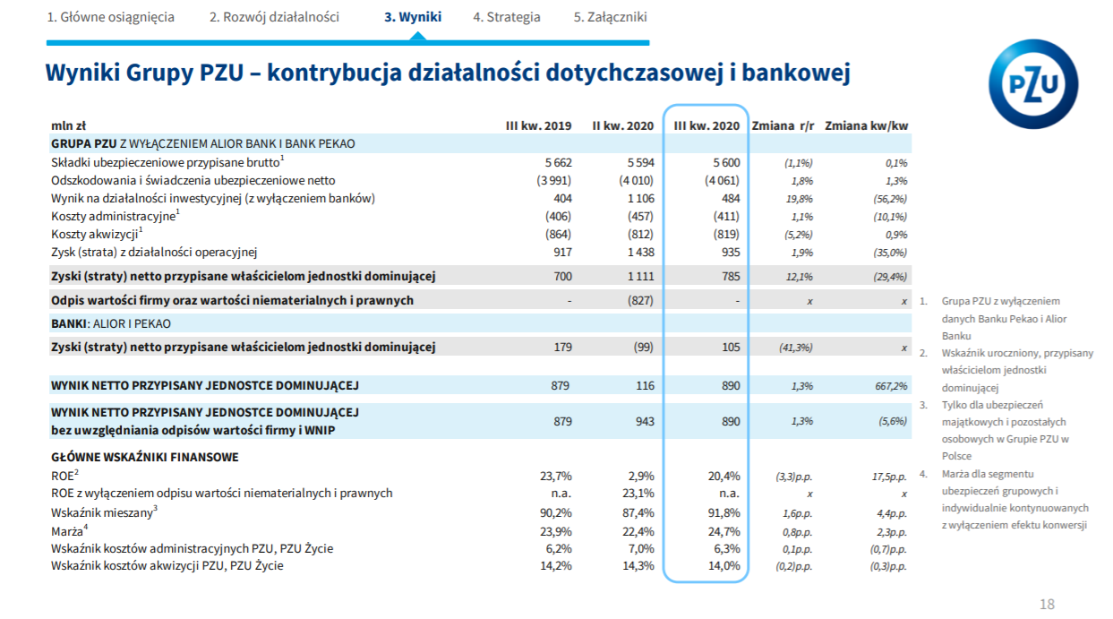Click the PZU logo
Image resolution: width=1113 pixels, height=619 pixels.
[1033, 84]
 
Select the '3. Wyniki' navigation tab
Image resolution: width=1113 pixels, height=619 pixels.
[413, 17]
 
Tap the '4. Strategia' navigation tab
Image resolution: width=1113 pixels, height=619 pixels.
[506, 17]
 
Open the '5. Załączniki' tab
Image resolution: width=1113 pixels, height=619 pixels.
[610, 17]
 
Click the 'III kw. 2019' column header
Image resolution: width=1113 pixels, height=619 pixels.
[539, 125]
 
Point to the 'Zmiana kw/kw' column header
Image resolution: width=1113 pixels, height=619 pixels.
[867, 125]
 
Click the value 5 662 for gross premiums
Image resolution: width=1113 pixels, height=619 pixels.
[559, 162]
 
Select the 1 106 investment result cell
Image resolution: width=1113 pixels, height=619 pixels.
[641, 198]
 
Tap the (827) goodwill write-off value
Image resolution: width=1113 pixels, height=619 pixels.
[640, 300]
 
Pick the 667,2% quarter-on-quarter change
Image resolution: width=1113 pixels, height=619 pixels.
[891, 386]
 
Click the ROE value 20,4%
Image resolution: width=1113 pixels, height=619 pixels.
[724, 477]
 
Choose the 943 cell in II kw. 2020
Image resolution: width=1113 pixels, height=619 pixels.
[645, 422]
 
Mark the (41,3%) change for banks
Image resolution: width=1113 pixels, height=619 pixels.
[795, 348]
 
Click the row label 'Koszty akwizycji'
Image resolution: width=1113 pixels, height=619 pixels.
[94, 234]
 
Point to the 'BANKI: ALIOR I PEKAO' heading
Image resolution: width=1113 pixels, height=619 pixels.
[111, 323]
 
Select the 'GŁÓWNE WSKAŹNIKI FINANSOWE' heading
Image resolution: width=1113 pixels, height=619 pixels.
[144, 457]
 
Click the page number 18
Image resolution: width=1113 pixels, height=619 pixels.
[1047, 604]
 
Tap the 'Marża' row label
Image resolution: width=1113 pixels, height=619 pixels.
[67, 531]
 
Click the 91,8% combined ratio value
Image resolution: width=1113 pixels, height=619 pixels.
[724, 512]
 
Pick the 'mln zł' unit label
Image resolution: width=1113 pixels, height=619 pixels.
[69, 125]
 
